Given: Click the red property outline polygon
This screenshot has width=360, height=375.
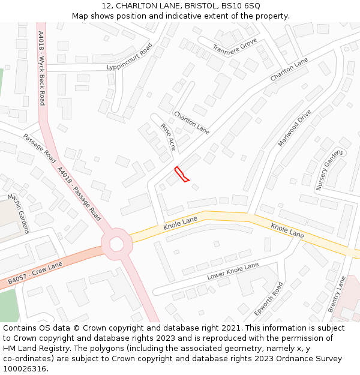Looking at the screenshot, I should pyautogui.click(x=181, y=174).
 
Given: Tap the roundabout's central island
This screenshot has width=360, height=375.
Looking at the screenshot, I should pyautogui.click(x=116, y=244).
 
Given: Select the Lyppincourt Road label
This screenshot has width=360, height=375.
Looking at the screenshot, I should pyautogui.click(x=130, y=57).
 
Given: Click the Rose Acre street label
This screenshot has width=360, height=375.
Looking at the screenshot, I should pyautogui.click(x=169, y=136).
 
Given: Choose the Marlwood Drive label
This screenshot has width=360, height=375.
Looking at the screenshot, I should pyautogui.click(x=295, y=128).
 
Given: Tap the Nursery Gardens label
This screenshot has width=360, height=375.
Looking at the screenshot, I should pyautogui.click(x=330, y=170).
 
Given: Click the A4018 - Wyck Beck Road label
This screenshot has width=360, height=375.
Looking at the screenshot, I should pyautogui.click(x=41, y=68).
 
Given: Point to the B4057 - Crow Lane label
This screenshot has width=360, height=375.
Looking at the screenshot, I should pyautogui.click(x=35, y=273).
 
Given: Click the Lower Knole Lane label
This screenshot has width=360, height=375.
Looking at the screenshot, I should pyautogui.click(x=233, y=271).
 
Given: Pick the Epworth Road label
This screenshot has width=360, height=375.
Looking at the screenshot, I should pyautogui.click(x=268, y=298).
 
